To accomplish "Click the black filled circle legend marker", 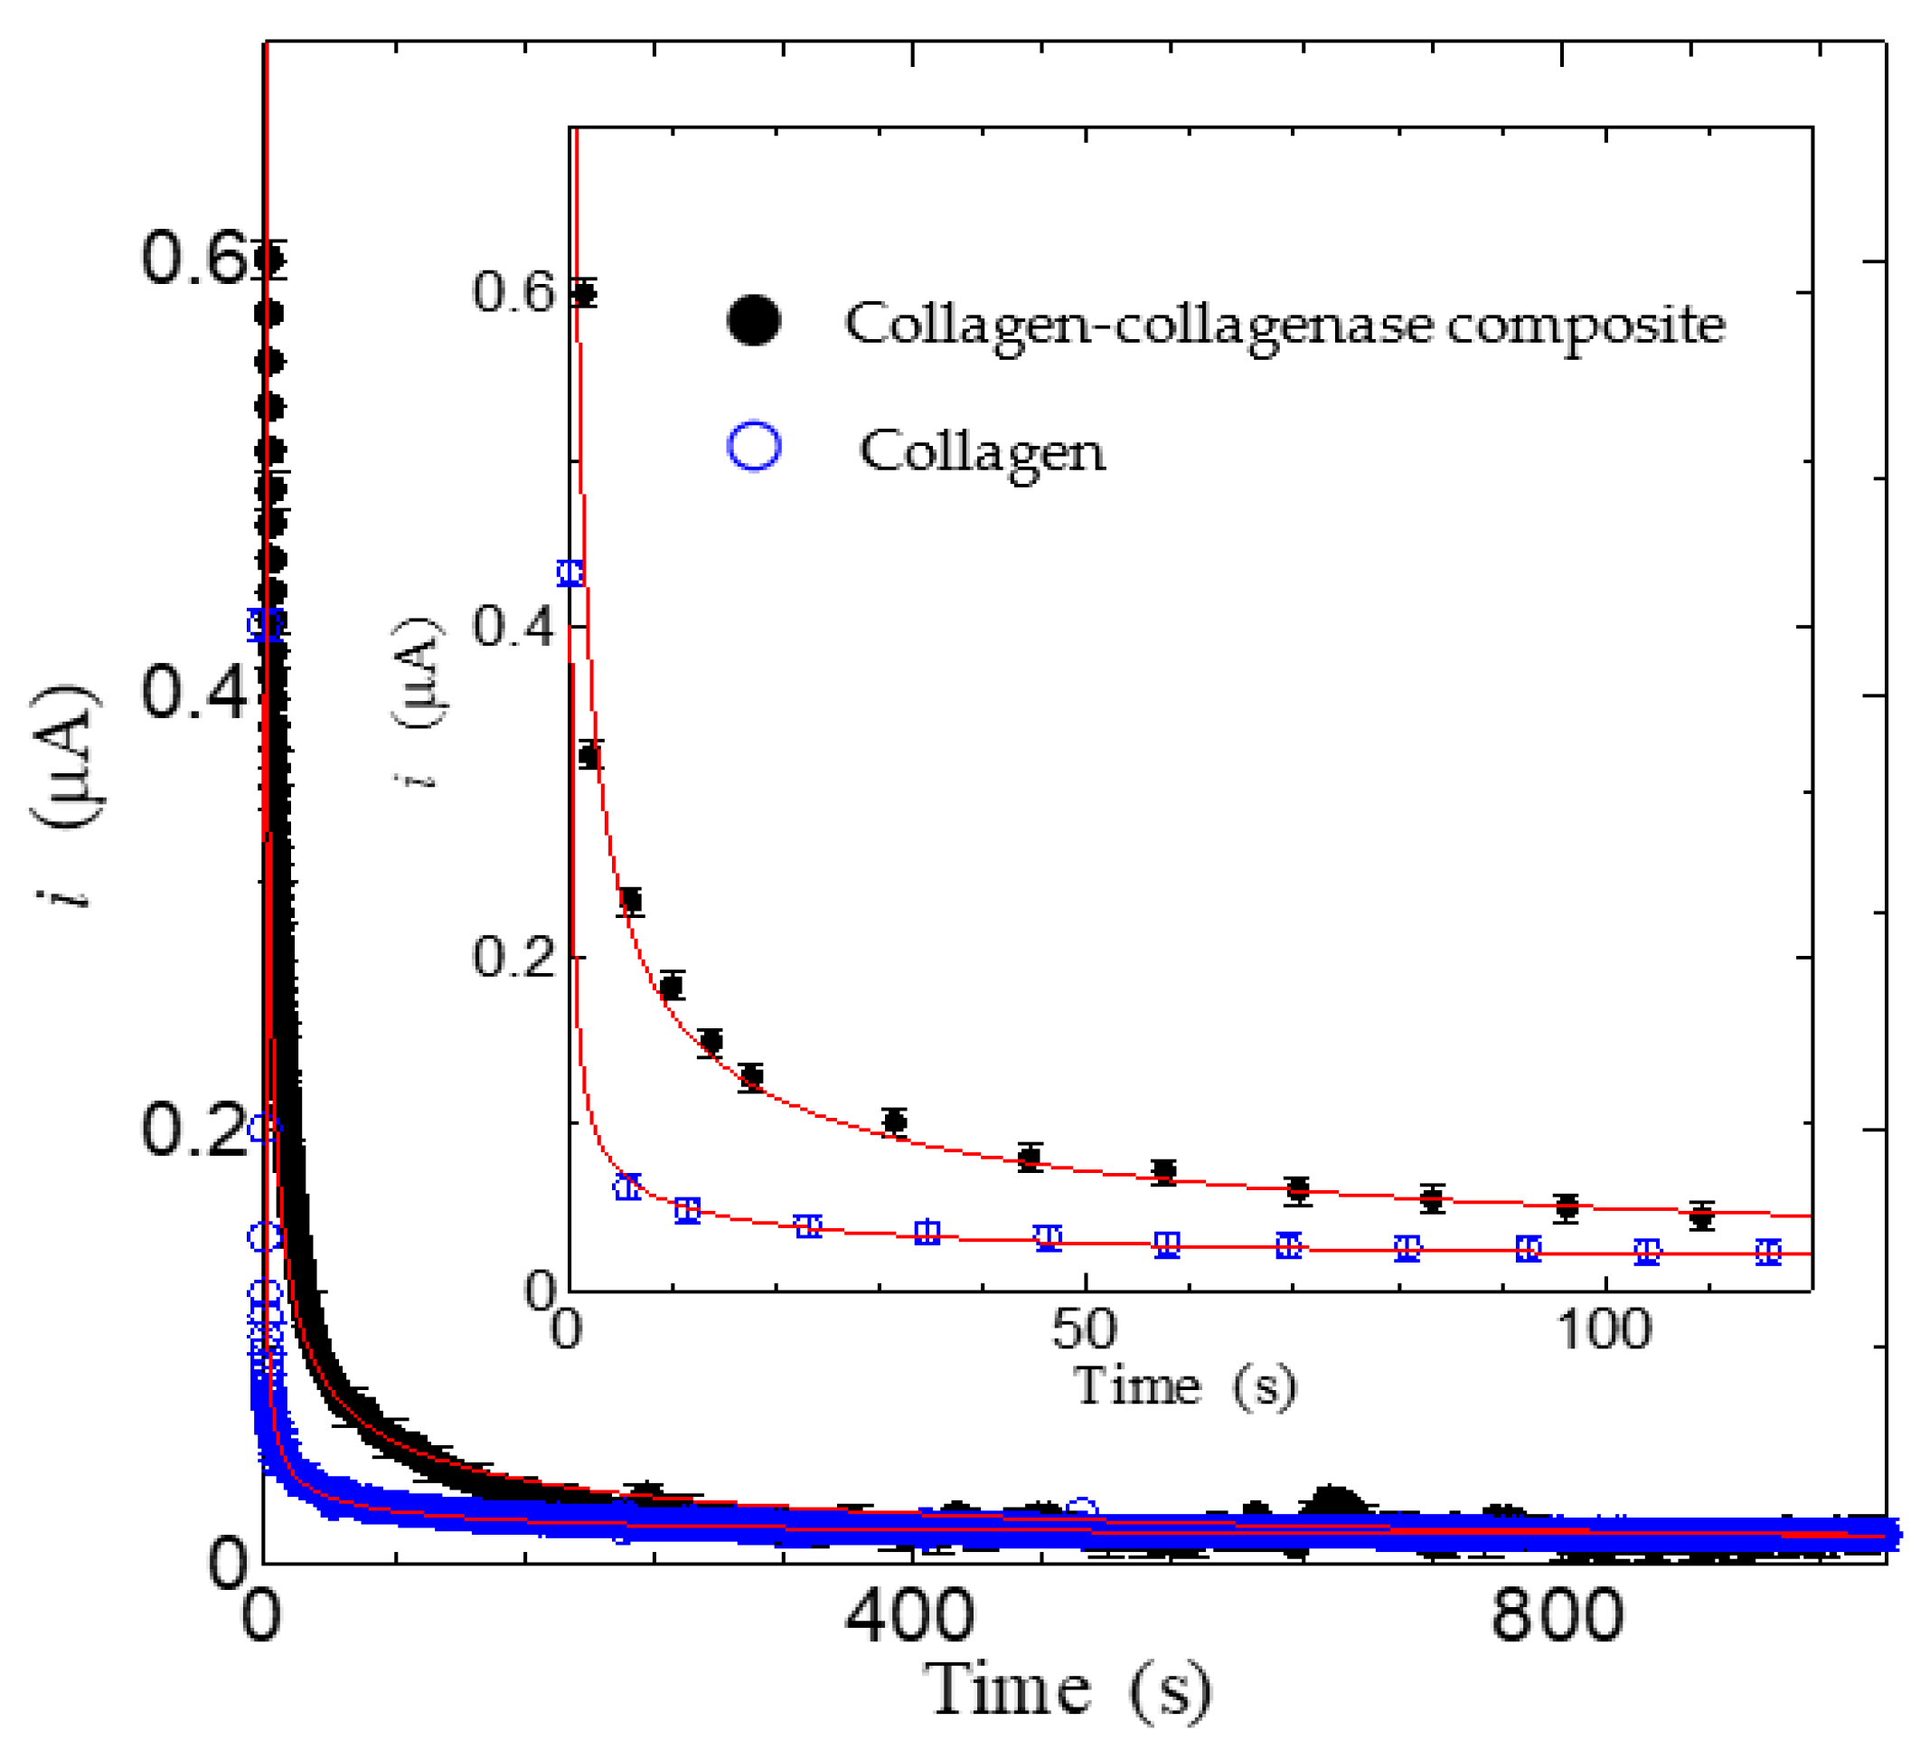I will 753,320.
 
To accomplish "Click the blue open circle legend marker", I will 754,446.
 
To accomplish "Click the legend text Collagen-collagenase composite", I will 1284,324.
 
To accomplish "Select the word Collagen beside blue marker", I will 982,450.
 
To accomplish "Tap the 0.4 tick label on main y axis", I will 193,691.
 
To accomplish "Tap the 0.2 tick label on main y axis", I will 193,1129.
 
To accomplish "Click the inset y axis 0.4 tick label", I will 513,626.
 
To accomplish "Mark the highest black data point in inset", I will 585,293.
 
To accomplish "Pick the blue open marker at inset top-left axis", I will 569,573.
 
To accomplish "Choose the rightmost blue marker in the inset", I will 1768,1253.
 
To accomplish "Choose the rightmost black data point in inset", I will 1702,1216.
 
